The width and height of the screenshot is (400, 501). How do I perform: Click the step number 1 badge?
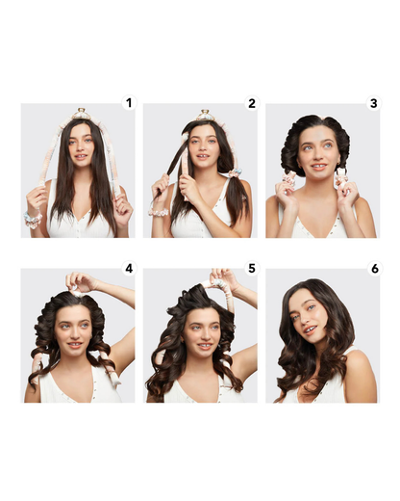[x=129, y=103]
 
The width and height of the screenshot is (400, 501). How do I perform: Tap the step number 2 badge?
[x=252, y=103]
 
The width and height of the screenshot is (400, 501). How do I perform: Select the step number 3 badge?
[x=374, y=103]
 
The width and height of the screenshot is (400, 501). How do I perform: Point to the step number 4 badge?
[x=129, y=268]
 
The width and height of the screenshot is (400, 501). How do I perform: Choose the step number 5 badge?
[x=252, y=268]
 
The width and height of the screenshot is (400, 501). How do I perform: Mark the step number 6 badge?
[x=375, y=268]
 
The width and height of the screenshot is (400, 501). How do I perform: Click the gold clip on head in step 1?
[x=81, y=114]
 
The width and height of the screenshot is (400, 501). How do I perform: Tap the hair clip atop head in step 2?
[x=206, y=115]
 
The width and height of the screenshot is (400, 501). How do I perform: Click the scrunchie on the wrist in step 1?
[x=33, y=220]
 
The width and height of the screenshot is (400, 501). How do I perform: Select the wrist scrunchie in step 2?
[x=159, y=212]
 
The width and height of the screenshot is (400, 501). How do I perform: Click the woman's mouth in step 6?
[x=311, y=330]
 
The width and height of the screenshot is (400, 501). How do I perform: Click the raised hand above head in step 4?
[x=80, y=282]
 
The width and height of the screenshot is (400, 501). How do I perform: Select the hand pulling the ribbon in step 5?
[x=224, y=277]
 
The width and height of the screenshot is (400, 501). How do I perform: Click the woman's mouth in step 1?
[x=81, y=157]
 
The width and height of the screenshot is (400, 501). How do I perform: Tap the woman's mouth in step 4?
[x=74, y=345]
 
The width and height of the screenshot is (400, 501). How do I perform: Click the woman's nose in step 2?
[x=202, y=148]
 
